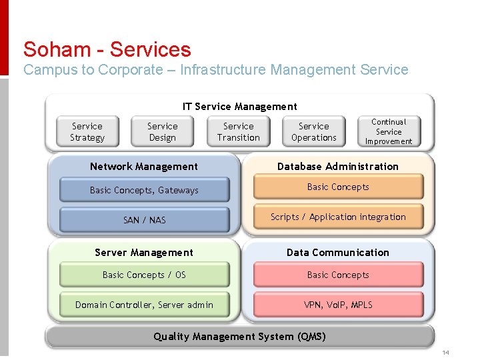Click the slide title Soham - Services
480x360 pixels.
point(107,49)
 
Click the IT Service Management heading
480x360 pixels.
point(240,107)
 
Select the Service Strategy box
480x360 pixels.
point(87,132)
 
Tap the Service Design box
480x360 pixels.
point(163,132)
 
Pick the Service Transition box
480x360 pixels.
point(239,132)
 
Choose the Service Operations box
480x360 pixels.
point(314,132)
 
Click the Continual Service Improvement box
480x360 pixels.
point(389,131)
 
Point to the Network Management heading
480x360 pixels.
point(144,167)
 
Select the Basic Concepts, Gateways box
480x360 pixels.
point(144,190)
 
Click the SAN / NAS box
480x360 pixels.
point(144,220)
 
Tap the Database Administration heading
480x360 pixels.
point(338,167)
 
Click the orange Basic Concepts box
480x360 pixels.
point(338,187)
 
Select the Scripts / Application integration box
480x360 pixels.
point(338,217)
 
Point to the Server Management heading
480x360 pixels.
point(144,253)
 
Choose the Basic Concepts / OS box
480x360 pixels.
point(144,275)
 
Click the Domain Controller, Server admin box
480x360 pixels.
point(144,305)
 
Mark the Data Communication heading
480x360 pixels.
point(338,253)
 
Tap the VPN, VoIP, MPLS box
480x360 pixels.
point(338,305)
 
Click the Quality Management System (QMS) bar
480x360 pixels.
point(240,337)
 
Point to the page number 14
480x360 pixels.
point(446,352)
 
